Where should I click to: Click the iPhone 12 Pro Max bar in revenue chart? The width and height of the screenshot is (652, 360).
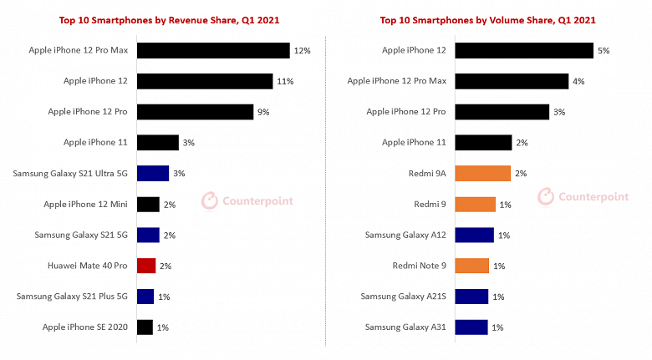coord(212,50)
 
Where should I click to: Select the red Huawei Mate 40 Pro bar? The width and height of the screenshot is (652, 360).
coord(146,266)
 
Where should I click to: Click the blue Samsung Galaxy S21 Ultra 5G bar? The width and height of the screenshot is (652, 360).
coord(152,174)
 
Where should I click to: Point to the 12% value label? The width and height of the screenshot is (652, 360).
coord(303,51)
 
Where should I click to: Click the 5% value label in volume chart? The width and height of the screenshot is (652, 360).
coord(603,51)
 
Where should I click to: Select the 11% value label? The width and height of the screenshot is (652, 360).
coord(286,82)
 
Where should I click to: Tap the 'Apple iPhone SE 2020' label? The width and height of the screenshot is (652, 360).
coord(85,327)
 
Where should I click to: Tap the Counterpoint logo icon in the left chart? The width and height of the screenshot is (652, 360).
coord(209,200)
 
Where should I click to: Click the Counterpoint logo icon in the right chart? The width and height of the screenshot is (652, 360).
coord(546,196)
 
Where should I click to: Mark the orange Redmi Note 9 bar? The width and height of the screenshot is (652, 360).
coord(472,266)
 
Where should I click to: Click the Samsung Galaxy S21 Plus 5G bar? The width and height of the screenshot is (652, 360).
coord(145,297)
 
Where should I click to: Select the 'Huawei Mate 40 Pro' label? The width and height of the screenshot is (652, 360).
coord(88,266)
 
